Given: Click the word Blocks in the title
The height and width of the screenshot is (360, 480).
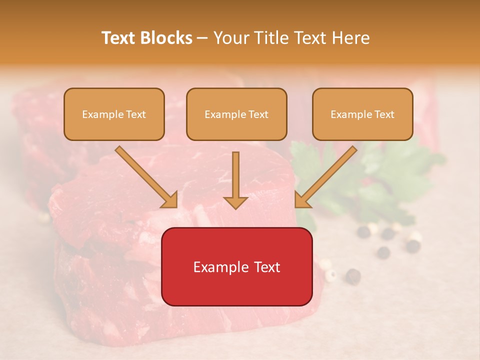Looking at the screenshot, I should click(166, 38).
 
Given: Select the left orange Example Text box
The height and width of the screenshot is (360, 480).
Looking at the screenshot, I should click(114, 114).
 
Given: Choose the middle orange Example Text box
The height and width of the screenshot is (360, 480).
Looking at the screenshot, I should click(236, 114).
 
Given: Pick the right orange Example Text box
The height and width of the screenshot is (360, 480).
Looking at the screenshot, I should click(362, 114).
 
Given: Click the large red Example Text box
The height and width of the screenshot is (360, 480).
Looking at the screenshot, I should click(236, 266).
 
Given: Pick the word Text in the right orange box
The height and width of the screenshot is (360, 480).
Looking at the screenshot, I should click(384, 114).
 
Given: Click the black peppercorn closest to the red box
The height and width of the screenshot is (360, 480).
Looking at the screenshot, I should click(353, 274).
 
